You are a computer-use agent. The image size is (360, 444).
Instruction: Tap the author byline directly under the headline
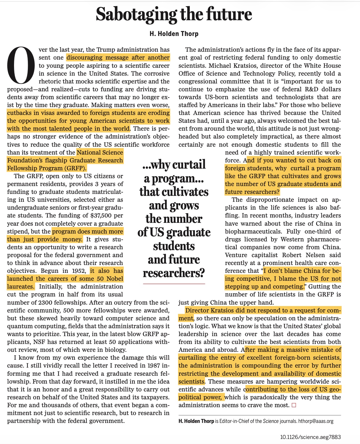[174, 34]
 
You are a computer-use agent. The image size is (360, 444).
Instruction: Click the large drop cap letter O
[21, 66]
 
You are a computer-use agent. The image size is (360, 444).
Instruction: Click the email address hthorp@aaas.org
[316, 421]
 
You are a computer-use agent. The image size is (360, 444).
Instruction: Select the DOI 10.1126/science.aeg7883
[310, 437]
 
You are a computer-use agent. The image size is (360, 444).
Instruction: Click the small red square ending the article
[294, 405]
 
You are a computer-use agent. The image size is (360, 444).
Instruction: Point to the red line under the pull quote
[174, 284]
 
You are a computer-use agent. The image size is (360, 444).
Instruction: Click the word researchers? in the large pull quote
[174, 273]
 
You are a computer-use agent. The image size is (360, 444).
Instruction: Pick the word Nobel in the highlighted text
[115, 279]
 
